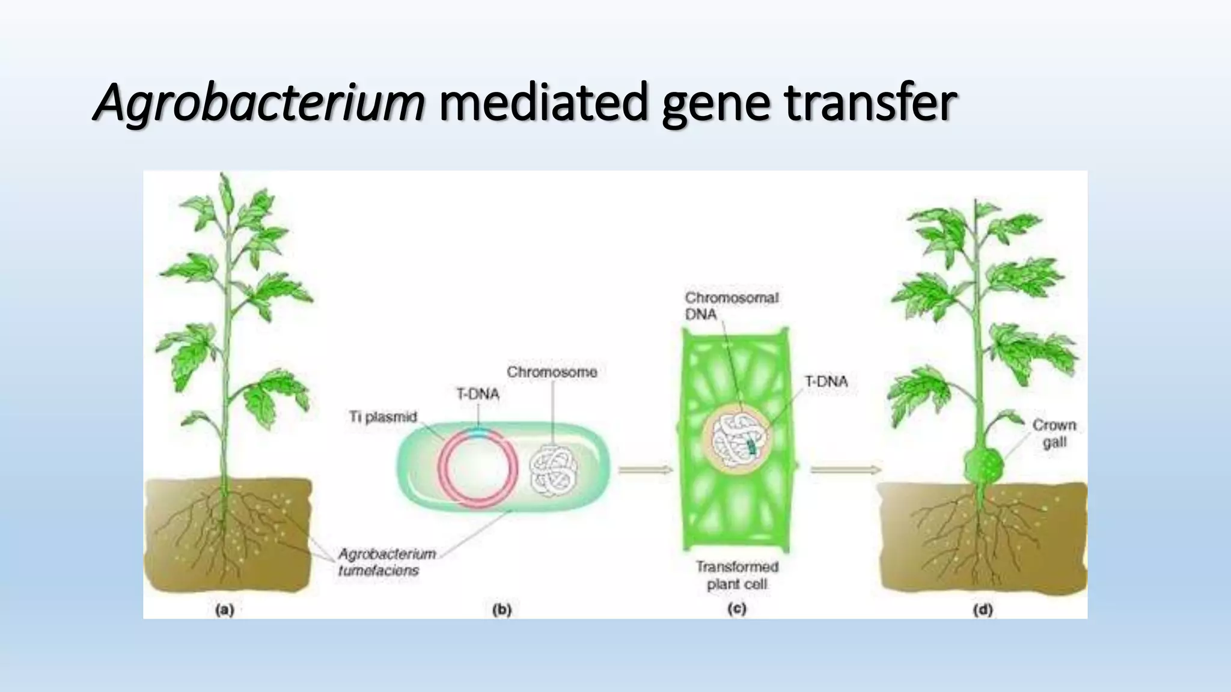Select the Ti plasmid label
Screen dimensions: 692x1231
[383, 416]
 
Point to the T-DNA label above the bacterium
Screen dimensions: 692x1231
[478, 394]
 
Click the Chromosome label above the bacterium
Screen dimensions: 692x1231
[552, 372]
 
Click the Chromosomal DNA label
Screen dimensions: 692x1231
[732, 306]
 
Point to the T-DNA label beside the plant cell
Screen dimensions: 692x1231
[826, 381]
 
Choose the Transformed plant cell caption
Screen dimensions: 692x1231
[737, 575]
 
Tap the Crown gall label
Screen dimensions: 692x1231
[1054, 433]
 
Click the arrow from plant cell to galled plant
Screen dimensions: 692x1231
[845, 470]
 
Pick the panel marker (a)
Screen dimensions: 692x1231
[224, 610]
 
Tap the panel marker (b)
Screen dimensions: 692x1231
[501, 610]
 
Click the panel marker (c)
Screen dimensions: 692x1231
[737, 609]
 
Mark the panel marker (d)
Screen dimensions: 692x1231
[982, 610]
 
